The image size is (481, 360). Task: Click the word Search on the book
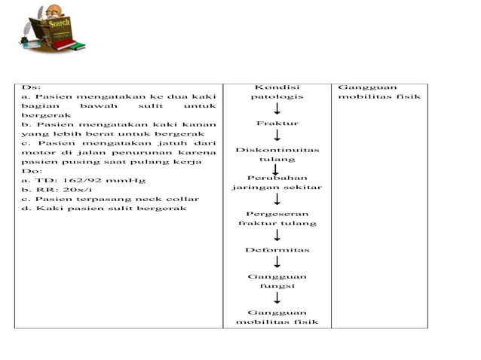click(59, 23)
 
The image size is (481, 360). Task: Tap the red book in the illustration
click(64, 44)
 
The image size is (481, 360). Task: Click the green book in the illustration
click(77, 47)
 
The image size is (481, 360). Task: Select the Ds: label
click(31, 87)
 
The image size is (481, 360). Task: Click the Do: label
click(32, 171)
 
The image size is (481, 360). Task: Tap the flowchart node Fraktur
click(277, 124)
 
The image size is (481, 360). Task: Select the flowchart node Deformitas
click(277, 250)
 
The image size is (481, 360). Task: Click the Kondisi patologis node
click(277, 92)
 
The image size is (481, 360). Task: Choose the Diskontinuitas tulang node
click(277, 154)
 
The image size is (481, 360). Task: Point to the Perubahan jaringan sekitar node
click(277, 182)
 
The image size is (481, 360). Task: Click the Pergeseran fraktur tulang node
click(277, 218)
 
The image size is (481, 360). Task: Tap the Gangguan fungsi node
click(277, 281)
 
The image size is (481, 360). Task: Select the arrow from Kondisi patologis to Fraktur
click(277, 108)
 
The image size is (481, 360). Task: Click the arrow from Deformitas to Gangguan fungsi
click(277, 262)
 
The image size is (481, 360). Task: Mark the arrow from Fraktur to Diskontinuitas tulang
click(277, 135)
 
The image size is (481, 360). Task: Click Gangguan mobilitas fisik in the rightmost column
click(379, 92)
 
